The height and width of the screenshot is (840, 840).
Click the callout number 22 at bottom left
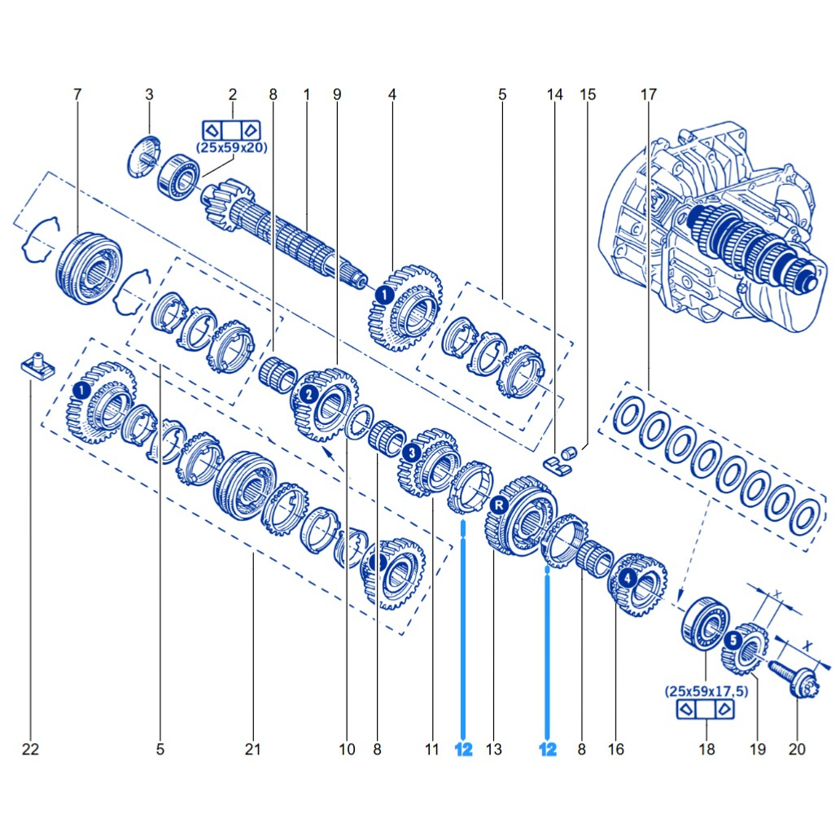[x=30, y=749]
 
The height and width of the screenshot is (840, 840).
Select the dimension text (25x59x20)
[x=231, y=147]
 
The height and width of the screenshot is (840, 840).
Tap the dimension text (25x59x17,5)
[x=706, y=691]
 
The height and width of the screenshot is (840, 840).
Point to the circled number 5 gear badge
[x=733, y=641]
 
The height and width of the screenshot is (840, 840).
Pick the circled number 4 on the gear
[x=627, y=579]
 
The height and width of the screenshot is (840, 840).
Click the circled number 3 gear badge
[x=413, y=452]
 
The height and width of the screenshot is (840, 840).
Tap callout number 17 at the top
[x=648, y=94]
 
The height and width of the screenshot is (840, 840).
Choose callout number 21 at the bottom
[x=253, y=749]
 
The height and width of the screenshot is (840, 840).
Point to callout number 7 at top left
[x=77, y=94]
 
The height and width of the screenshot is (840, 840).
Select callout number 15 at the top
[x=587, y=94]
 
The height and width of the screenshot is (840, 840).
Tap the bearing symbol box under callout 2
[x=231, y=129]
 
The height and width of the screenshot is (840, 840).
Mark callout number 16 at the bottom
[x=616, y=749]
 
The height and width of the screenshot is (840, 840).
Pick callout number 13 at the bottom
[x=493, y=749]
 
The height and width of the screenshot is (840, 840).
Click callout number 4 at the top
[x=392, y=94]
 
